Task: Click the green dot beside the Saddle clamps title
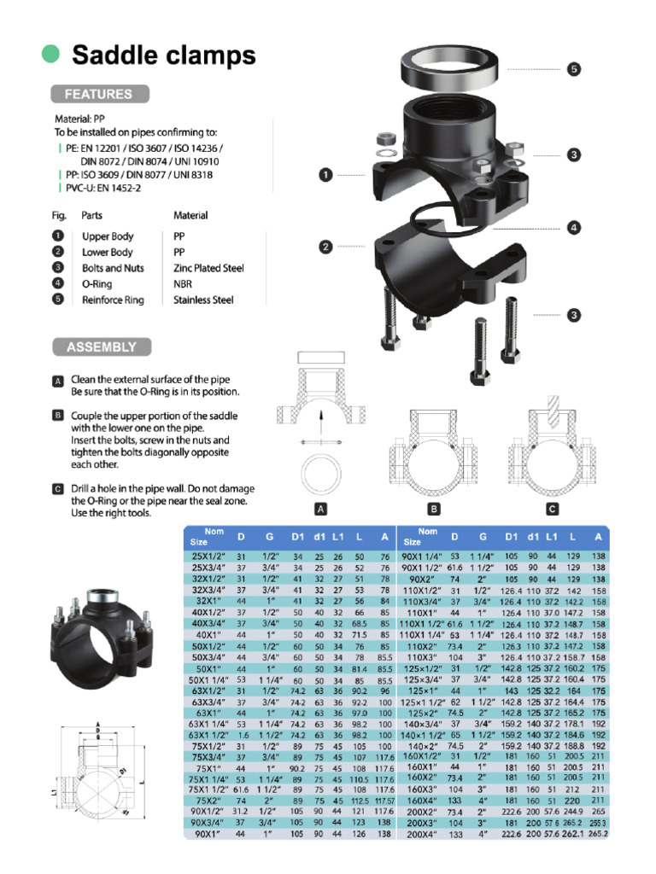pos(51,54)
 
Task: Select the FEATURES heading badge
pos(100,94)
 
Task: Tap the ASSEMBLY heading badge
pos(102,347)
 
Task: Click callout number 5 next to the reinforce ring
pos(574,69)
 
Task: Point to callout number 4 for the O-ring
pos(574,228)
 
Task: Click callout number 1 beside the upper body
pos(325,175)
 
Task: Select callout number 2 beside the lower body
pos(325,248)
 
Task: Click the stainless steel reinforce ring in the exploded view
pos(454,67)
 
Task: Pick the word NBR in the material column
pos(183,284)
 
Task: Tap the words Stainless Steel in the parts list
pos(203,300)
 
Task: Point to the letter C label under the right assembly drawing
pos(553,510)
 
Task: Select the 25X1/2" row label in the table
pos(209,556)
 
